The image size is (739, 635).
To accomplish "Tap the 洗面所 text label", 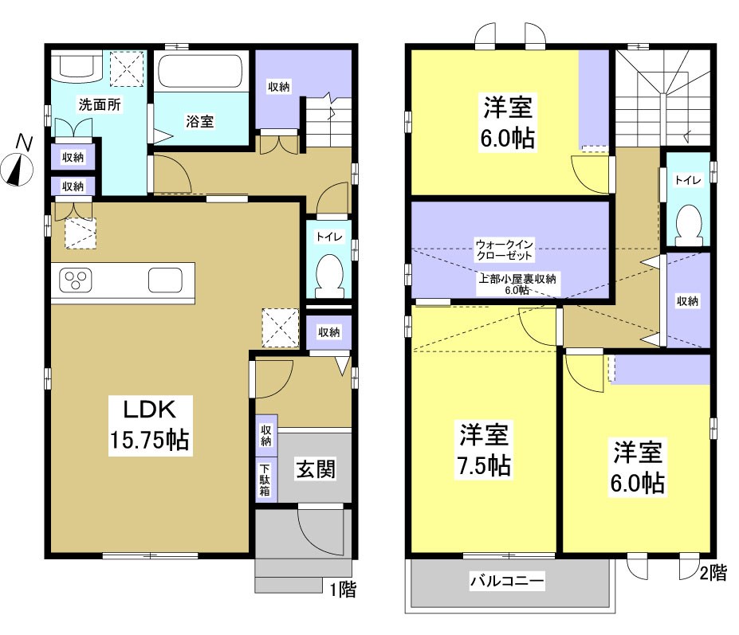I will [100, 104].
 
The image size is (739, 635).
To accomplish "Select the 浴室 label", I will [199, 121].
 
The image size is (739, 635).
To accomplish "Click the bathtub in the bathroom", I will [200, 73].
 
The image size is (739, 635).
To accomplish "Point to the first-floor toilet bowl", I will [328, 274].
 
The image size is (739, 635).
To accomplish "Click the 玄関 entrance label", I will [316, 468].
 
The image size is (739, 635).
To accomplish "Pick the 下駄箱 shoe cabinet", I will [265, 480].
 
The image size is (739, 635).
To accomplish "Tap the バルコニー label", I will [506, 582].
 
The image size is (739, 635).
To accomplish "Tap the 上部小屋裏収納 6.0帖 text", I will [517, 284].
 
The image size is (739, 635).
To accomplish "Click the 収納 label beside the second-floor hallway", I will [689, 300].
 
